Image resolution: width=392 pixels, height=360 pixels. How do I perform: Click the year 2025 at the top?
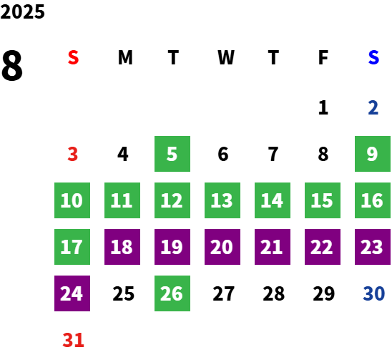click(22, 11)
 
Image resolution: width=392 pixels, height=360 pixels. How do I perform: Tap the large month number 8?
click(12, 65)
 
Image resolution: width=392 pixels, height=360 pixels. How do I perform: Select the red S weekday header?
click(73, 57)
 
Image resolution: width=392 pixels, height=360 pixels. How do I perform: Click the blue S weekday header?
click(373, 57)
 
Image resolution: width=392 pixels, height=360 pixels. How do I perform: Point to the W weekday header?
click(226, 57)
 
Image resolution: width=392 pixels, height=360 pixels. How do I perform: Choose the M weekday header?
click(125, 57)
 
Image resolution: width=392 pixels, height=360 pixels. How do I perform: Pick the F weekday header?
click(323, 57)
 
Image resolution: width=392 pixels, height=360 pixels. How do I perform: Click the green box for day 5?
click(172, 154)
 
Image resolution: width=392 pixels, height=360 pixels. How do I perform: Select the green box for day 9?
click(373, 154)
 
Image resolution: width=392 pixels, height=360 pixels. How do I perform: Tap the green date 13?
click(222, 200)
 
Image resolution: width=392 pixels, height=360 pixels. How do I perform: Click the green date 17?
click(72, 247)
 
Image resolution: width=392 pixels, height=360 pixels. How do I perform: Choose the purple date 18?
click(122, 247)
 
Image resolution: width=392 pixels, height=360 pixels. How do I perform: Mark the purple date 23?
click(373, 247)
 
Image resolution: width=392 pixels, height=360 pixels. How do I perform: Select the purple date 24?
click(72, 293)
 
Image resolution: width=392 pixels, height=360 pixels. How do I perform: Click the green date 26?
click(172, 293)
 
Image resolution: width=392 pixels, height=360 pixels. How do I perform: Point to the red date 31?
click(73, 340)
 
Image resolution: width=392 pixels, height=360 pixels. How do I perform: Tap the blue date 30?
click(373, 293)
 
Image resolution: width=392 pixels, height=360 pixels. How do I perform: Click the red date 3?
click(73, 154)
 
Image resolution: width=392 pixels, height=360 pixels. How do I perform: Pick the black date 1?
click(323, 107)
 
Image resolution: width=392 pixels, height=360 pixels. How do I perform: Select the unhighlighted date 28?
click(273, 293)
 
